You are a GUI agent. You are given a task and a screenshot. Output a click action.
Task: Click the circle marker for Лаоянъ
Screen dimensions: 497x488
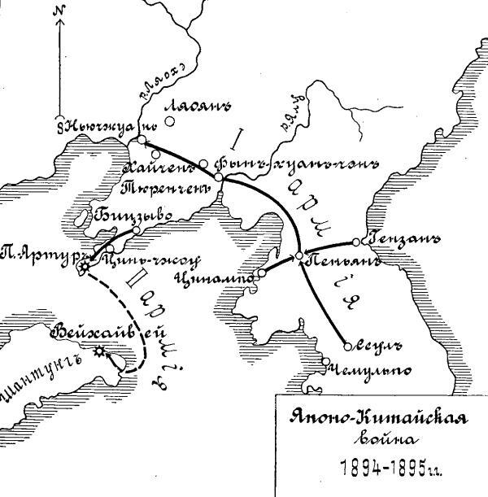(169, 123)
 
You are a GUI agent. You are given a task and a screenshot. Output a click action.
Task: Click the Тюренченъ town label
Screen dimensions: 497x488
(159, 187)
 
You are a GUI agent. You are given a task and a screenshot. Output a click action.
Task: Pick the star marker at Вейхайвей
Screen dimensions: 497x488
(100, 351)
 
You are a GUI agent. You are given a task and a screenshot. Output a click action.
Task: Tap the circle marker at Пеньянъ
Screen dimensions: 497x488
(298, 256)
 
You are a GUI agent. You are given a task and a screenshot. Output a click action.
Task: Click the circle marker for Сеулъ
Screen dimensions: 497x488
(347, 346)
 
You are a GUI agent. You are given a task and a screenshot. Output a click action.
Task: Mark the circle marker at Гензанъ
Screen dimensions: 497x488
(356, 242)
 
